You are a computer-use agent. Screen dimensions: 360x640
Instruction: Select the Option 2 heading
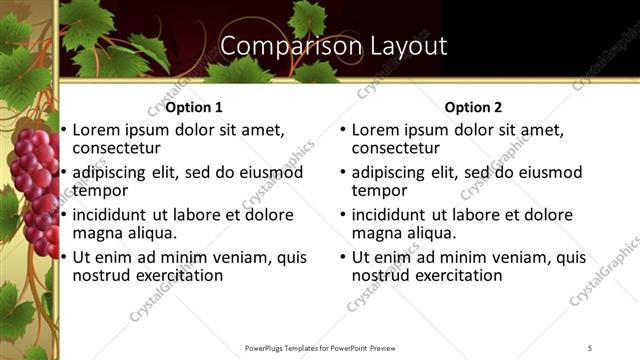(474, 107)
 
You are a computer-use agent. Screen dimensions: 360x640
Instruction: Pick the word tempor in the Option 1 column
(100, 190)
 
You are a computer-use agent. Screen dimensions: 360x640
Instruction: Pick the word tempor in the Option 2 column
(380, 190)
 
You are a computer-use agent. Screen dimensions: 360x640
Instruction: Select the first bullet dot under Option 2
(343, 131)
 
